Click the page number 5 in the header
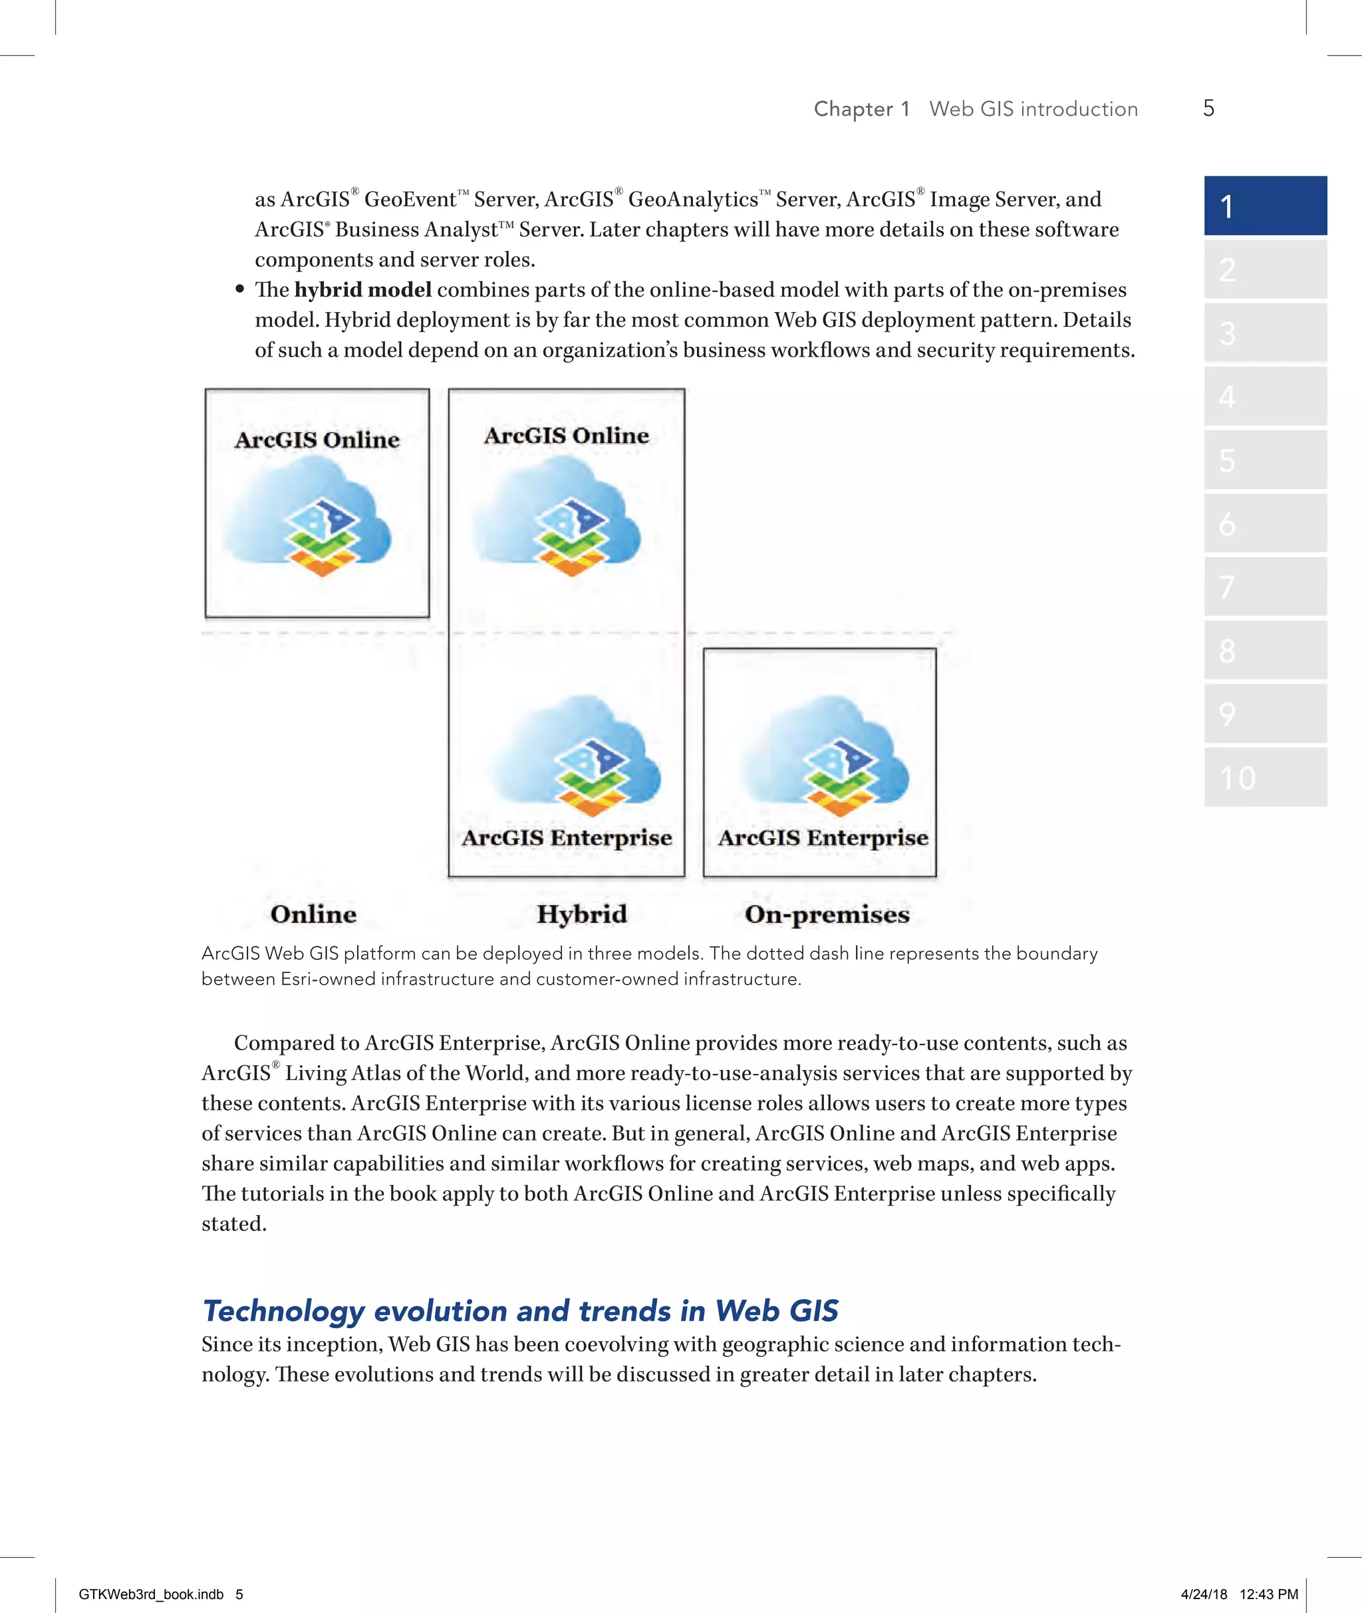tap(1208, 108)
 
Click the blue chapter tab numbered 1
tap(1265, 206)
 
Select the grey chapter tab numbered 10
tap(1265, 777)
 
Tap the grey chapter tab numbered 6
tap(1265, 524)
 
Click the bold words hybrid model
tap(362, 289)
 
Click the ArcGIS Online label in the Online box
tap(317, 440)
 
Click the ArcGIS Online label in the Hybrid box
tap(566, 436)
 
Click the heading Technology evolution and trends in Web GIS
tap(519, 1311)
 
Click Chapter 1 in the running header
tap(862, 109)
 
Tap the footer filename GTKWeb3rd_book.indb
tap(150, 1594)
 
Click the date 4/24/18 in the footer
tap(1204, 1594)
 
